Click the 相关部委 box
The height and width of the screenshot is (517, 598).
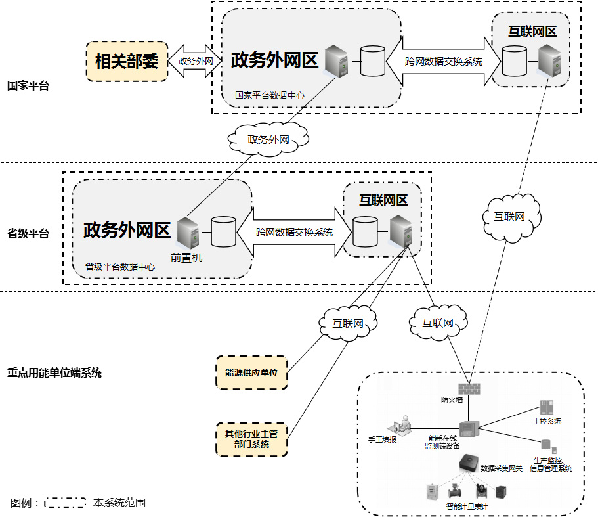coord(127,62)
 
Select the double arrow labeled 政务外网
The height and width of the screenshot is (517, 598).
coord(196,61)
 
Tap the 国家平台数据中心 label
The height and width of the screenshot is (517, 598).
coord(270,95)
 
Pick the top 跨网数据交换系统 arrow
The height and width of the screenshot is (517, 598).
coord(444,62)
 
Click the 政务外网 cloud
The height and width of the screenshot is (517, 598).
coord(268,139)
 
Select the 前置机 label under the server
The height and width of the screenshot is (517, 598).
coord(186,258)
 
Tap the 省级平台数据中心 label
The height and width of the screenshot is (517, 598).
coord(120,267)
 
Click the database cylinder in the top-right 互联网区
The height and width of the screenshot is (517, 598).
coord(515,61)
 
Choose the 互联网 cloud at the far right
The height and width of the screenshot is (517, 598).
coord(509,217)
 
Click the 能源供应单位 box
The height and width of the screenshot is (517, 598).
coord(251,372)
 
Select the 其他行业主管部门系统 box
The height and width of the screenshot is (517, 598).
coord(251,439)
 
